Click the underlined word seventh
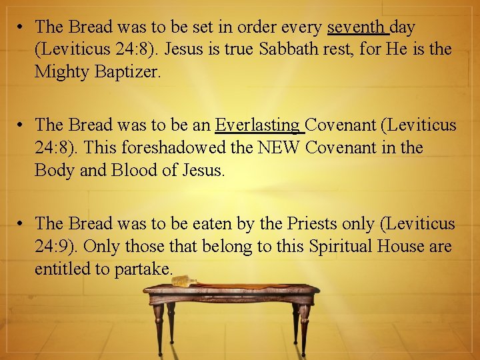coord(357,27)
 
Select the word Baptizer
coord(127,71)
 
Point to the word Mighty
coord(62,71)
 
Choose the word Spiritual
coord(340,246)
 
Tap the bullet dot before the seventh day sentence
coord(22,28)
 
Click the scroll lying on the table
coord(185,281)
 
